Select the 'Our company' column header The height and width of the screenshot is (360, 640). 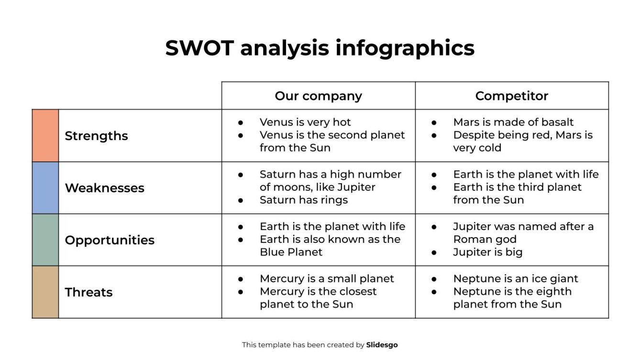click(x=318, y=96)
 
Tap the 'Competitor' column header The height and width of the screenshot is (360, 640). click(x=511, y=96)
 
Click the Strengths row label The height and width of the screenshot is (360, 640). click(x=96, y=136)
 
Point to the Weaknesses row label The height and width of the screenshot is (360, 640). click(x=104, y=188)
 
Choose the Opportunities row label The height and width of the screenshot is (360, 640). click(x=110, y=240)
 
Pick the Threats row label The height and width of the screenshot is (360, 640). click(x=88, y=292)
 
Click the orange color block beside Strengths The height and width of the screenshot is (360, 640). click(x=45, y=136)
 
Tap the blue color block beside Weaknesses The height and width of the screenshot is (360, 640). click(x=45, y=188)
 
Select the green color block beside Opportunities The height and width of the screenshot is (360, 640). click(x=45, y=240)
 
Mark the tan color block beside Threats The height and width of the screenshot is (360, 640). click(x=45, y=292)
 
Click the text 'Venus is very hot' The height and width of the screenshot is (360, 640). click(x=305, y=122)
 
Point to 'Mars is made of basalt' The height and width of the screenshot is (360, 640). click(x=513, y=122)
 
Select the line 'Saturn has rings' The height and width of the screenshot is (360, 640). click(x=304, y=200)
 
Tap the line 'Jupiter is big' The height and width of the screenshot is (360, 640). click(x=487, y=252)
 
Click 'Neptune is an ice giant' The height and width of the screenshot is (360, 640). click(x=516, y=279)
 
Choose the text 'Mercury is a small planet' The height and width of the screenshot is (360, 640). click(x=327, y=279)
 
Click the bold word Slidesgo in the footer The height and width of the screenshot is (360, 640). click(x=382, y=345)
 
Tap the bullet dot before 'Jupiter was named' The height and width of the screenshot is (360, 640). click(x=434, y=227)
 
